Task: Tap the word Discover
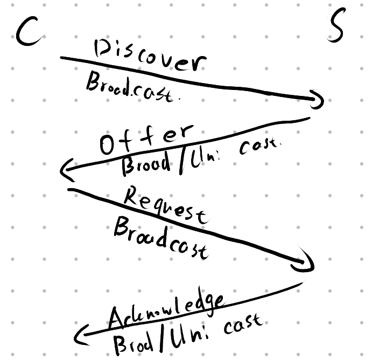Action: pyautogui.click(x=150, y=58)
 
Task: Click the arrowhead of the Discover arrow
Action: pyautogui.click(x=317, y=99)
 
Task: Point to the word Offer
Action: pyautogui.click(x=145, y=139)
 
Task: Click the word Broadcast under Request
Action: pyautogui.click(x=160, y=239)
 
